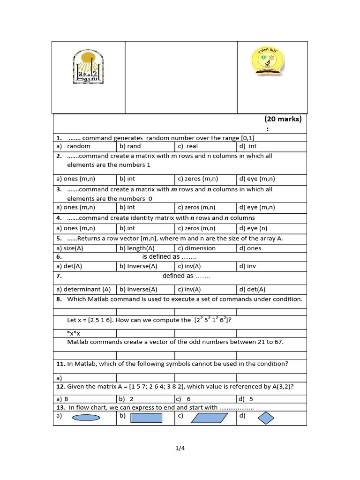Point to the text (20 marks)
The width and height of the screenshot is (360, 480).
(x=283, y=119)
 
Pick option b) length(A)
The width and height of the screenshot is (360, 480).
(x=137, y=248)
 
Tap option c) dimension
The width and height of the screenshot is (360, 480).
(x=197, y=248)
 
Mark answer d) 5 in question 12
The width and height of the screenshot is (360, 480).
(x=246, y=399)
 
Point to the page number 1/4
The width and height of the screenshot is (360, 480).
(x=180, y=448)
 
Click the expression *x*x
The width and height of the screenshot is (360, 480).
(x=74, y=333)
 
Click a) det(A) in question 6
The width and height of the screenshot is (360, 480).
(x=69, y=266)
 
